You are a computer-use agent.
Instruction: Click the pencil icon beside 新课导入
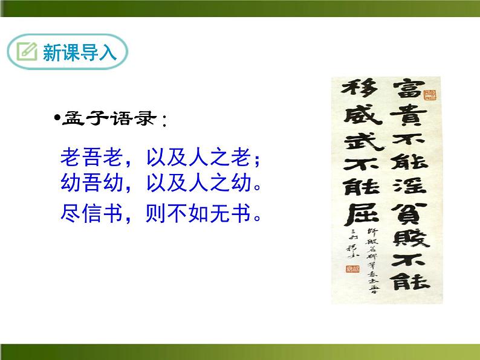[27, 52]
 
